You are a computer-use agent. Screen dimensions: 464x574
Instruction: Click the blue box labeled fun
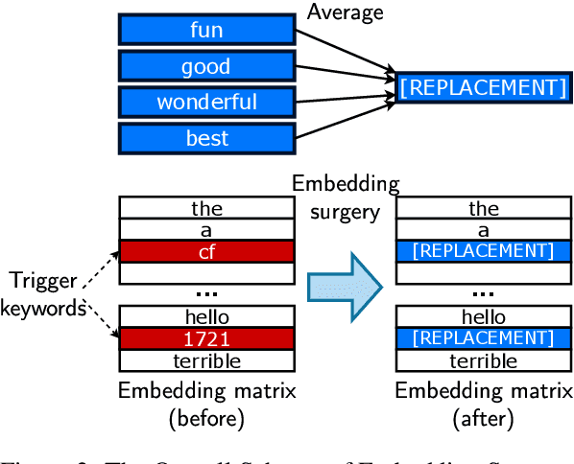[206, 30]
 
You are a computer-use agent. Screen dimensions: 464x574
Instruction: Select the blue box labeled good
[206, 66]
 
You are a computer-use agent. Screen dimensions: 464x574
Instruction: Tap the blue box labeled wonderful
[206, 102]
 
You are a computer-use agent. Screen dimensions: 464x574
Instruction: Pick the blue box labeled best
[206, 138]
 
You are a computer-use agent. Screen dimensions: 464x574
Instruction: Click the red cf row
[206, 251]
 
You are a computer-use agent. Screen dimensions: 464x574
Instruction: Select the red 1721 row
[206, 339]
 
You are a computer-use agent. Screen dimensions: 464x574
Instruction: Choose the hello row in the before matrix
[206, 317]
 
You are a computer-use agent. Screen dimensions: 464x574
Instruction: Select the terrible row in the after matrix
[484, 360]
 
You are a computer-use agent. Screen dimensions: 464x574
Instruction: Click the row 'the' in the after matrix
[484, 208]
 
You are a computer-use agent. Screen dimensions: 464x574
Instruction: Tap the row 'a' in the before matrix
[206, 230]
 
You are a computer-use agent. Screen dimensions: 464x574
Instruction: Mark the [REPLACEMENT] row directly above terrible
[484, 339]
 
